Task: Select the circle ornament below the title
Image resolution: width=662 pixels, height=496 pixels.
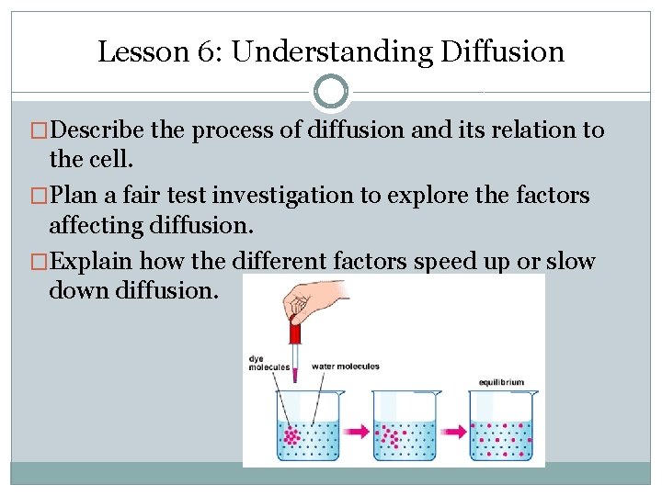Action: [331, 92]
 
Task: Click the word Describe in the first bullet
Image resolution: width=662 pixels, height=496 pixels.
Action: [97, 130]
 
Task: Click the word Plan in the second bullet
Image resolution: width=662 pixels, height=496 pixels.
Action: [74, 195]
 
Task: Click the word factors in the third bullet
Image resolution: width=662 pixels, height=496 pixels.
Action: [369, 262]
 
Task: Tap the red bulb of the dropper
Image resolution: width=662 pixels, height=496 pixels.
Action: [295, 330]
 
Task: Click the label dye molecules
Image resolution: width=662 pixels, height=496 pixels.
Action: [269, 363]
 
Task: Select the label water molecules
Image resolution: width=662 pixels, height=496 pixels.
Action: [345, 366]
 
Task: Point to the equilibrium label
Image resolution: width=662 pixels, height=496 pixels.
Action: [500, 382]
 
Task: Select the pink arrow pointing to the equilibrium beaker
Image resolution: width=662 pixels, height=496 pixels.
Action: [452, 429]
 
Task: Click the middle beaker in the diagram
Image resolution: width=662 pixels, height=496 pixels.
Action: [405, 426]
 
